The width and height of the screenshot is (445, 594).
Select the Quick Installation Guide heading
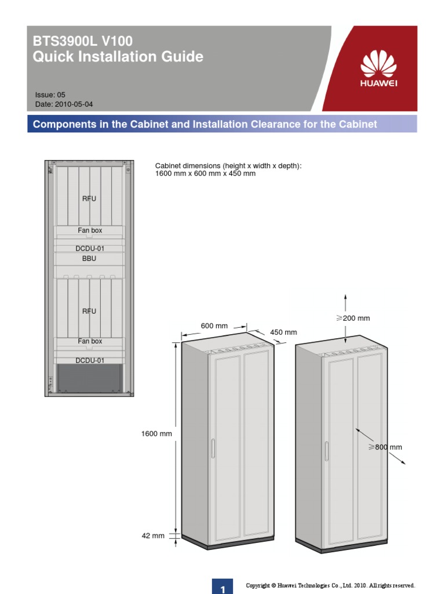pyautogui.click(x=118, y=57)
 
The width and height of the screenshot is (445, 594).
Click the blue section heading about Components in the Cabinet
pyautogui.click(x=205, y=124)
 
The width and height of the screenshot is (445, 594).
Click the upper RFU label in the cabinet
pyautogui.click(x=89, y=198)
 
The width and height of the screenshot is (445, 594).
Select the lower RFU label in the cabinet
pyautogui.click(x=89, y=311)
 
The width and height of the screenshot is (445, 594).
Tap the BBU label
pyautogui.click(x=89, y=258)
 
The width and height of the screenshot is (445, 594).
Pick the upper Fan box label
pyautogui.click(x=90, y=230)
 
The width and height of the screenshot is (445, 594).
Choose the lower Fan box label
pyautogui.click(x=90, y=341)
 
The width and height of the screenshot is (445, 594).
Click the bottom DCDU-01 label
pyautogui.click(x=90, y=360)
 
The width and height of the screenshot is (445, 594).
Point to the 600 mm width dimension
pyautogui.click(x=214, y=326)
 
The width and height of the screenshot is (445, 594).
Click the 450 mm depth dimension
pyautogui.click(x=283, y=332)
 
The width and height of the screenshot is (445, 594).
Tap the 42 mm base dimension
pyautogui.click(x=153, y=536)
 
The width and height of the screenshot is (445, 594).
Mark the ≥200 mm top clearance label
pyautogui.click(x=353, y=318)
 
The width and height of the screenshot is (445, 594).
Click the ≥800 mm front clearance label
pyautogui.click(x=385, y=447)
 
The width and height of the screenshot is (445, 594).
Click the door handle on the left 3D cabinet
pyautogui.click(x=213, y=448)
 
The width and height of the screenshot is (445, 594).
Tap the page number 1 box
pyautogui.click(x=222, y=586)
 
